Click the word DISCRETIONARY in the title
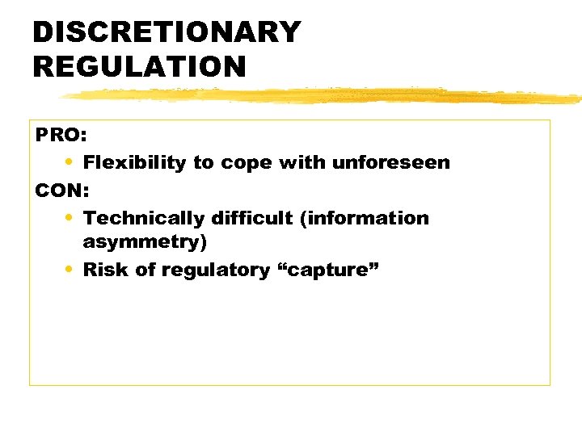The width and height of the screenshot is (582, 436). point(167,32)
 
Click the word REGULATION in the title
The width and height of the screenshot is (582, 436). point(139,66)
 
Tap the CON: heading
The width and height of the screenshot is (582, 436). point(61,191)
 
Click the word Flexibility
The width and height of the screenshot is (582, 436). point(134,163)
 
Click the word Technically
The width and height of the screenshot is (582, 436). point(144,218)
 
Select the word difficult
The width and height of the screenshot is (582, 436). point(251,218)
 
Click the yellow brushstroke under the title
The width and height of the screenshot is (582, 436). point(323,96)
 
